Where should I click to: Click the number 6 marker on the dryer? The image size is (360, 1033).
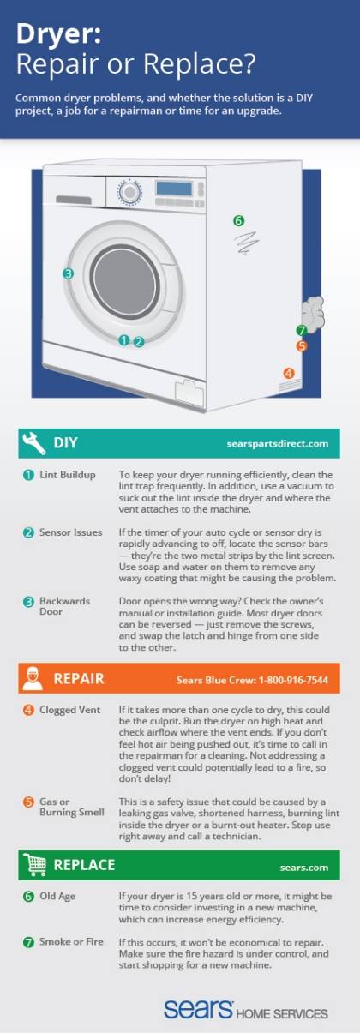coord(238,221)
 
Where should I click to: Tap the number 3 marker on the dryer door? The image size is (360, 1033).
coord(68,273)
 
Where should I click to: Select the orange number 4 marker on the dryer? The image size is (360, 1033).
coord(289,373)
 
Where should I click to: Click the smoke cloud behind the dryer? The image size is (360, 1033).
coord(313,315)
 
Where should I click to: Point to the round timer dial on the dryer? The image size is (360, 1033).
coord(129,192)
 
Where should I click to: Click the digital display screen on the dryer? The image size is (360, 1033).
coord(174,188)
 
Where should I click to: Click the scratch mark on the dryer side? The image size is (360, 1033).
coord(246,243)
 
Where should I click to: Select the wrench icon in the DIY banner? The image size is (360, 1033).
coord(33,442)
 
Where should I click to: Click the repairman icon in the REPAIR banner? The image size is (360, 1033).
coord(33,678)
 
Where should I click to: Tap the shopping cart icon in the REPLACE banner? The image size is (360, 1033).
coord(34,864)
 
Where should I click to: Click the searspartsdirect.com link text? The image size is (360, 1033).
coord(278,444)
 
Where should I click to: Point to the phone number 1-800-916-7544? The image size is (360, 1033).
coord(293,680)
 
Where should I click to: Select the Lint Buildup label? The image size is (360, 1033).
coord(68,475)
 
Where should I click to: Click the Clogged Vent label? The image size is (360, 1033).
coord(69,710)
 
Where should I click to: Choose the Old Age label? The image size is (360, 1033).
coord(57,896)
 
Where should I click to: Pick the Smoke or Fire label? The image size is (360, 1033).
coord(71,941)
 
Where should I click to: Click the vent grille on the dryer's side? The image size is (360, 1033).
coord(291,385)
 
